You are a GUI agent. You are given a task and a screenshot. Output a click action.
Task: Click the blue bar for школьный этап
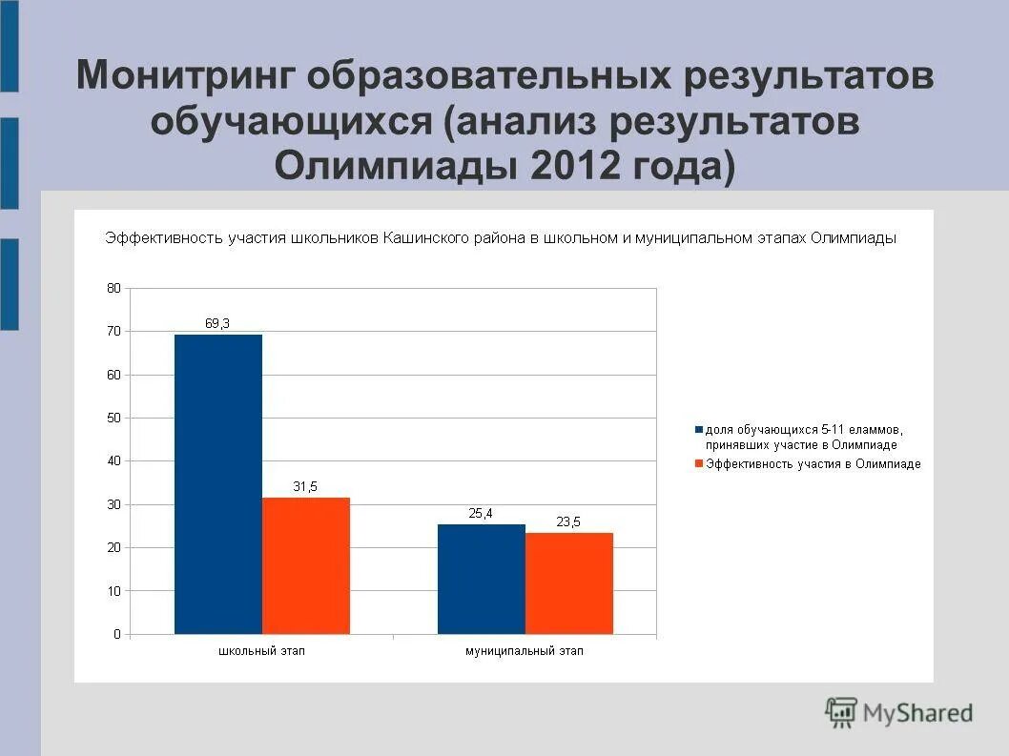click(217, 484)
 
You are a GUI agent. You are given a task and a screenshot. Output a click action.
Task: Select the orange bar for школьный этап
click(305, 565)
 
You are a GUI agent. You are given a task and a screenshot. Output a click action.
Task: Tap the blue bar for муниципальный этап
click(481, 579)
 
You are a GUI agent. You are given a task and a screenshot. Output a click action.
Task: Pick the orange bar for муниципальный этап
click(568, 582)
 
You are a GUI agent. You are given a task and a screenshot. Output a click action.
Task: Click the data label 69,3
click(217, 323)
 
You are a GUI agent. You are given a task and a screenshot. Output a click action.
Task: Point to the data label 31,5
click(305, 486)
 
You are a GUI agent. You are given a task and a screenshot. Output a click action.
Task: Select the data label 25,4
click(481, 513)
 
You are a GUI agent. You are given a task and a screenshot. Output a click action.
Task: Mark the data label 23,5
click(568, 521)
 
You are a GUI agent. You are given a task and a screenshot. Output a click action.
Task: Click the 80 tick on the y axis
click(113, 288)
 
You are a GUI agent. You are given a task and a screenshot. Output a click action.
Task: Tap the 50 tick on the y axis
click(113, 418)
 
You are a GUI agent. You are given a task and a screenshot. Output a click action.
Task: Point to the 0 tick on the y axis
click(116, 634)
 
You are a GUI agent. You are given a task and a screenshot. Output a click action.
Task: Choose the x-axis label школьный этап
click(261, 651)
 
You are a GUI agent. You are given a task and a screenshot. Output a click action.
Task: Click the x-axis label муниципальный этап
click(524, 651)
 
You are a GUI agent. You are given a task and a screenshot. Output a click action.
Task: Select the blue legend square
click(699, 430)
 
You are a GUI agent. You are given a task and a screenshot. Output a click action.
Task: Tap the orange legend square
click(699, 464)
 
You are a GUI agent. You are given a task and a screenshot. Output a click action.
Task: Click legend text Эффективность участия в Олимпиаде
click(813, 464)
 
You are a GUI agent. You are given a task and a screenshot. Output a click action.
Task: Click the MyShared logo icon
click(841, 712)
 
